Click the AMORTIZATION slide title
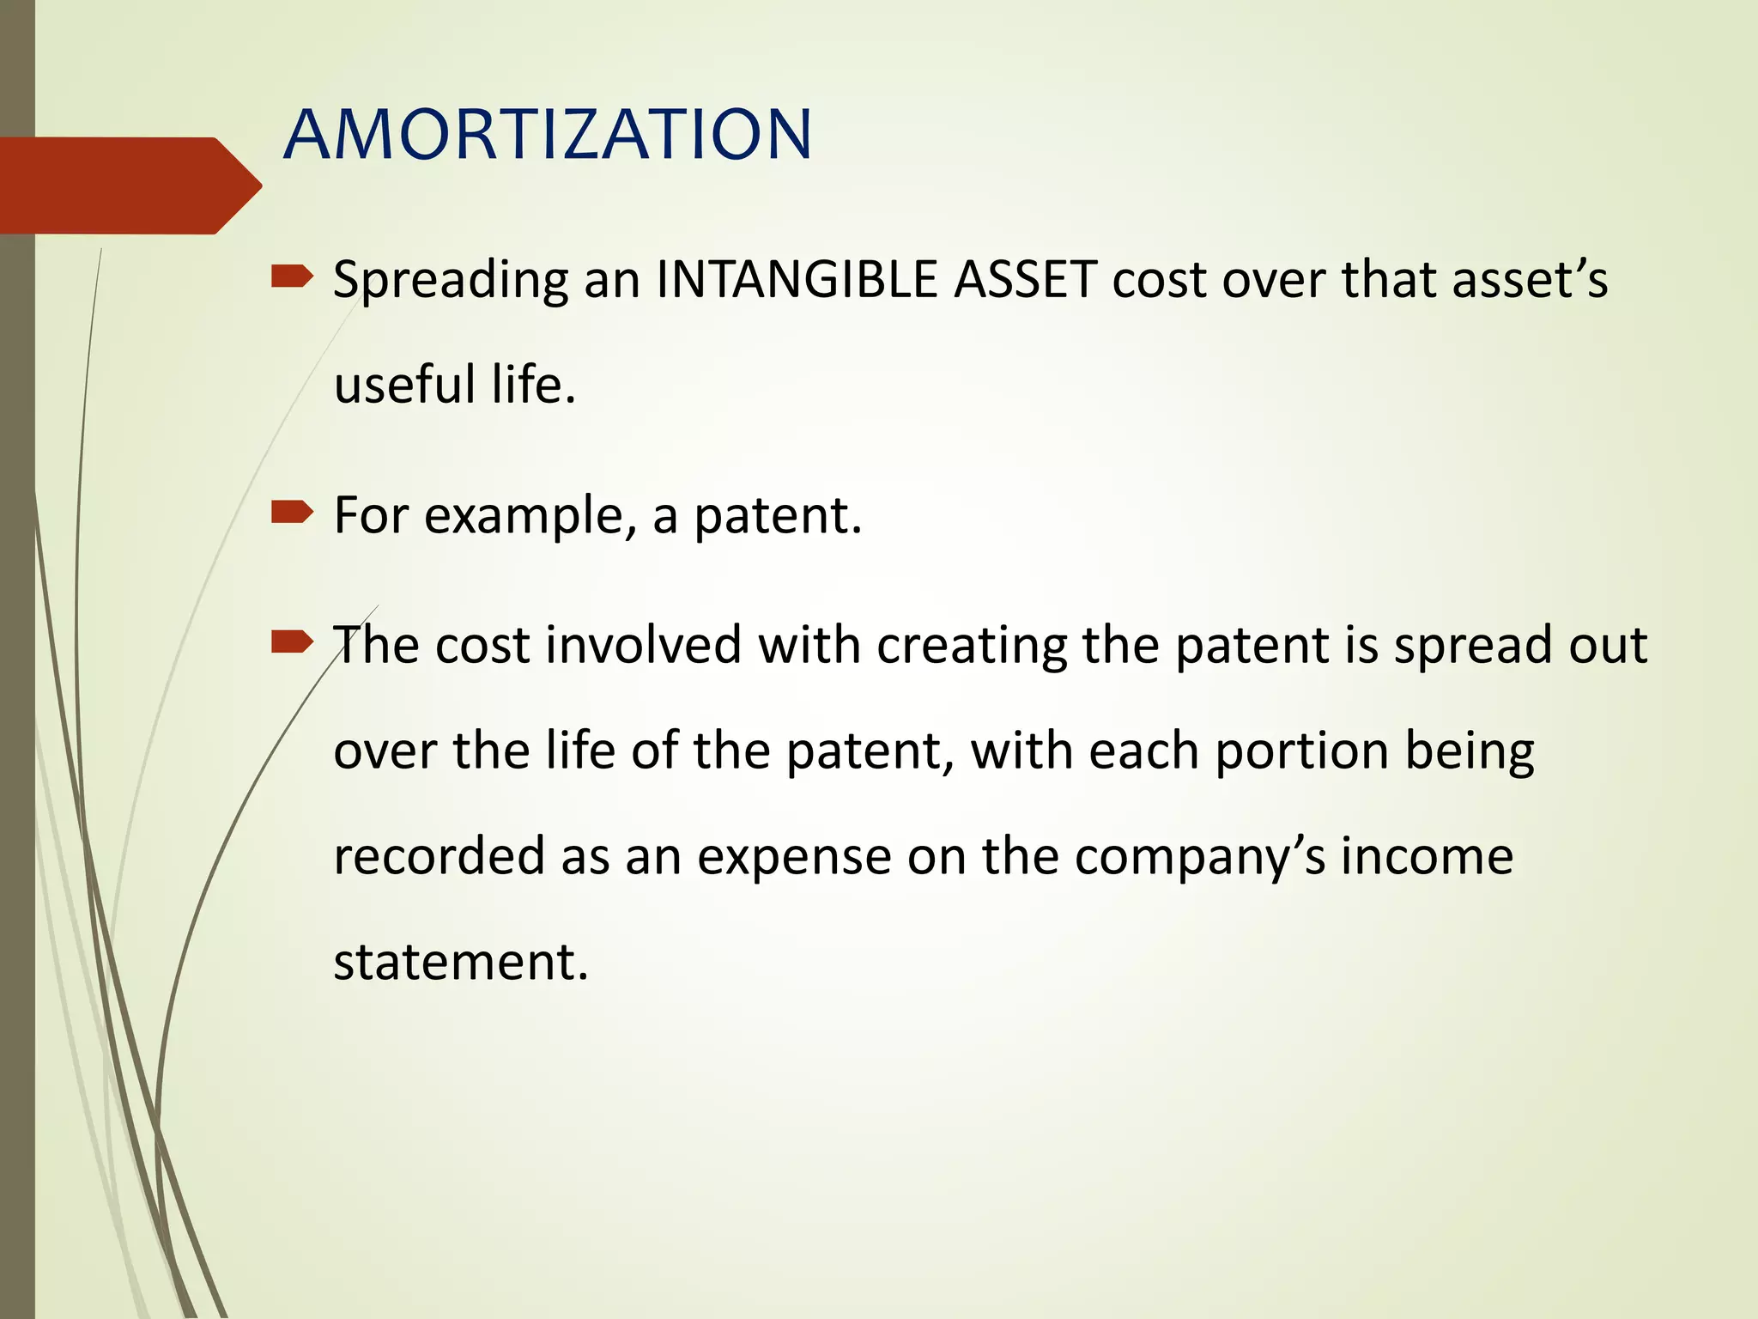(x=547, y=135)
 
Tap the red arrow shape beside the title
(x=129, y=185)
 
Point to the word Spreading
(x=451, y=282)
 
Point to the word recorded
(x=439, y=856)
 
